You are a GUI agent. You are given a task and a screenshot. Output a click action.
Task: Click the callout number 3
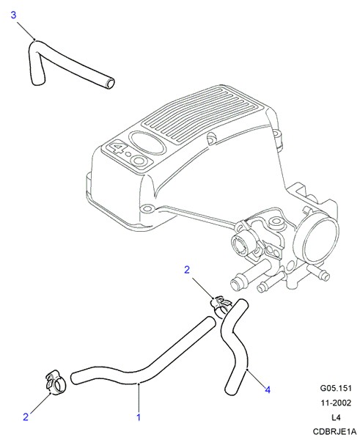point(13,15)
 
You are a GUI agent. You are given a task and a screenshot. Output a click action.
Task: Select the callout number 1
point(139,417)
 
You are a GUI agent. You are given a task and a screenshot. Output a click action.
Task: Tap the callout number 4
point(268,390)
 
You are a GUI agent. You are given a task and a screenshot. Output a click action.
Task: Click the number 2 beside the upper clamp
point(187,270)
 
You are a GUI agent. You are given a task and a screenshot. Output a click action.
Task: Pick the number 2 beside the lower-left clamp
point(26,417)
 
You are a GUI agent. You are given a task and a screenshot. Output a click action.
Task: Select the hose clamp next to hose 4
point(221,306)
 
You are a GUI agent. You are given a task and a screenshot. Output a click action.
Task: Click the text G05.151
point(336,388)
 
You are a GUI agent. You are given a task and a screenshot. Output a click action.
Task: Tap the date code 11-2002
point(336,403)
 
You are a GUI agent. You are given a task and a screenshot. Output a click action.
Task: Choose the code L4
point(336,417)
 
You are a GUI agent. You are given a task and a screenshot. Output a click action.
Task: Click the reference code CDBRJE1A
point(335,432)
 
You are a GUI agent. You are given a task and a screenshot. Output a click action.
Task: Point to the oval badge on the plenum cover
point(147,142)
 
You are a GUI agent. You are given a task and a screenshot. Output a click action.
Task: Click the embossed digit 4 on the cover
point(117,148)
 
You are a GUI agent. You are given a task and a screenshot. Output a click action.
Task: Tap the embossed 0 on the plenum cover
point(140,161)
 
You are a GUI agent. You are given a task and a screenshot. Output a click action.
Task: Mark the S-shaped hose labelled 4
point(235,347)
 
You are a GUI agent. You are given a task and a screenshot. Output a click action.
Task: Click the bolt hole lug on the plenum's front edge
point(148,208)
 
